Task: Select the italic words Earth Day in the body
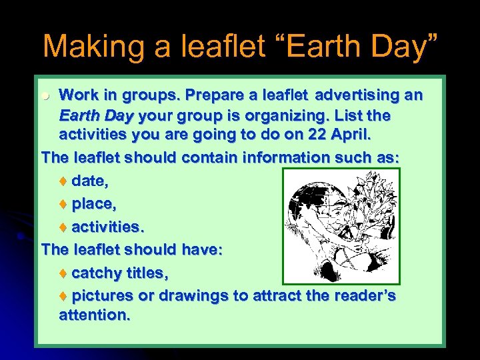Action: tap(97, 116)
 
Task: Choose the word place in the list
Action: tap(95, 203)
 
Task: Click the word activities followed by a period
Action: tap(107, 227)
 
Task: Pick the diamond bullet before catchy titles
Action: tap(64, 273)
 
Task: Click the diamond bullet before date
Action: tap(64, 181)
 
